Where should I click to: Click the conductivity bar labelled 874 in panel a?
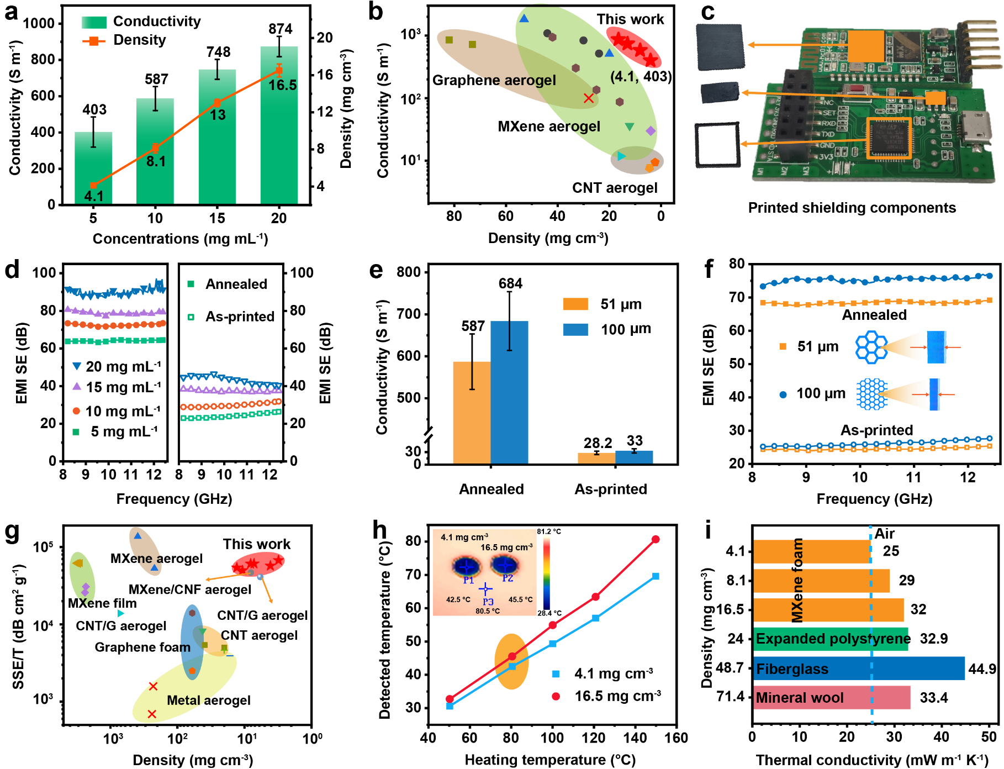click(x=279, y=127)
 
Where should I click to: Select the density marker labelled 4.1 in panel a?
click(x=93, y=186)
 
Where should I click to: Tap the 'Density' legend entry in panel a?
click(x=139, y=40)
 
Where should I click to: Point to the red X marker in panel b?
click(x=589, y=98)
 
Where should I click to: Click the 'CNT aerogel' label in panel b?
click(x=615, y=188)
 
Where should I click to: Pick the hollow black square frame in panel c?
click(x=717, y=145)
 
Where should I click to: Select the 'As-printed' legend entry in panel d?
click(x=239, y=317)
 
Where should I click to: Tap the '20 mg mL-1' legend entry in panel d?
click(x=123, y=366)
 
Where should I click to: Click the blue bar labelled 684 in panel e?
click(x=509, y=392)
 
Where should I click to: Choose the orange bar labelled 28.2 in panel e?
click(x=596, y=458)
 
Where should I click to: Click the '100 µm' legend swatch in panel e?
click(x=575, y=330)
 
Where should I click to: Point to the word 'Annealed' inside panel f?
click(x=874, y=315)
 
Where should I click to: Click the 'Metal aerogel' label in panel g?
click(x=208, y=700)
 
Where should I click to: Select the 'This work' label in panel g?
click(x=256, y=544)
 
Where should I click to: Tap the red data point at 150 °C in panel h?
click(x=656, y=539)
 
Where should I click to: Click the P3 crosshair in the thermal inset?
click(x=485, y=589)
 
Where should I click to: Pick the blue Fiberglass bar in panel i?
click(x=858, y=668)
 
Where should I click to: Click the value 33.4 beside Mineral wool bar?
click(x=933, y=698)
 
